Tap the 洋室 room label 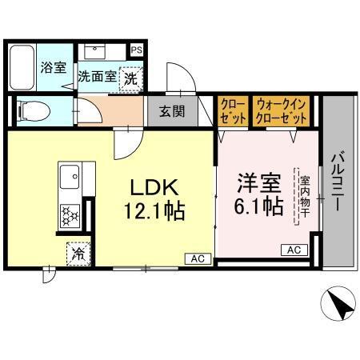pyautogui.click(x=258, y=182)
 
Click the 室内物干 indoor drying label pyautogui.click(x=305, y=197)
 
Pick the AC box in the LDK pyautogui.click(x=198, y=258)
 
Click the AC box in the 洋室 pyautogui.click(x=294, y=250)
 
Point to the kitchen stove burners pyautogui.click(x=70, y=214)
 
